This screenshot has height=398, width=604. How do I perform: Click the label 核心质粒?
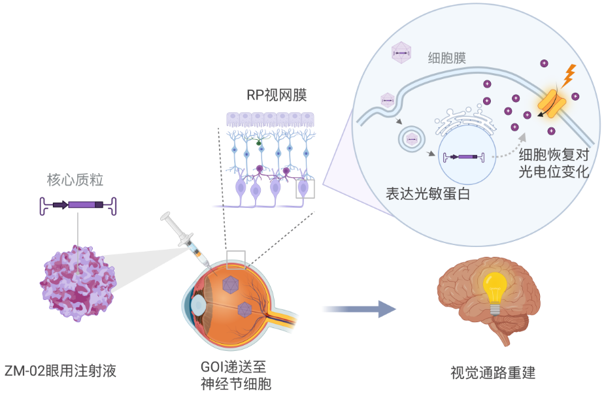(75, 180)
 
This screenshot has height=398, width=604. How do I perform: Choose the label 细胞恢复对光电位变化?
(554, 164)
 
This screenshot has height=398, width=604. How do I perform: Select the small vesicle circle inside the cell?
(412, 139)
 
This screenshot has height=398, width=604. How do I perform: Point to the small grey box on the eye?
(236, 259)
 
